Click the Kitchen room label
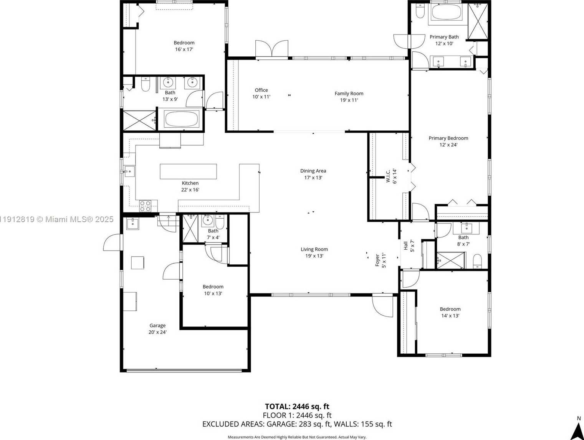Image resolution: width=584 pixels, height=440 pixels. pyautogui.click(x=190, y=183)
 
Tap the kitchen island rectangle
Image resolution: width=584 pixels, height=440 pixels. pyautogui.click(x=188, y=171)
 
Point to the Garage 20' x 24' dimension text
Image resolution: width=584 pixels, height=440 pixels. pyautogui.click(x=157, y=332)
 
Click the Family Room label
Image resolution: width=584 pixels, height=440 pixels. pyautogui.click(x=349, y=93)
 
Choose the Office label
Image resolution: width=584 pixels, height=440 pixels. pyautogui.click(x=261, y=90)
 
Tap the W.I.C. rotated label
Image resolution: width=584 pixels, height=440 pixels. pyautogui.click(x=388, y=176)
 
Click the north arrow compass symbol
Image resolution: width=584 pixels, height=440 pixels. pyautogui.click(x=577, y=430)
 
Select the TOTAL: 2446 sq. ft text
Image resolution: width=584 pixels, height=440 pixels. pyautogui.click(x=297, y=406)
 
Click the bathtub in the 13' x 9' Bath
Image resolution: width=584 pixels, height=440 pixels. pyautogui.click(x=182, y=119)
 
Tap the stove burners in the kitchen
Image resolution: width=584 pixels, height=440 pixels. pyautogui.click(x=145, y=206)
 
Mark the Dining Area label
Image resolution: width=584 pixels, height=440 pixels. pyautogui.click(x=313, y=171)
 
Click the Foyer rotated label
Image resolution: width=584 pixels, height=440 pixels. pyautogui.click(x=378, y=260)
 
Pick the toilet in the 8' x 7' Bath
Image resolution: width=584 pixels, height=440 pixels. pyautogui.click(x=477, y=261)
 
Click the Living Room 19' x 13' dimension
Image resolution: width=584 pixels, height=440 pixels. pyautogui.click(x=314, y=256)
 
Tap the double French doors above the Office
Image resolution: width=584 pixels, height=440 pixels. pyautogui.click(x=272, y=49)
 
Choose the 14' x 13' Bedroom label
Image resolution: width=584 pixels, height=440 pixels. pyautogui.click(x=450, y=309)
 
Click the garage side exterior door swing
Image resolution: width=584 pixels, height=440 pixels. pyautogui.click(x=112, y=242)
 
